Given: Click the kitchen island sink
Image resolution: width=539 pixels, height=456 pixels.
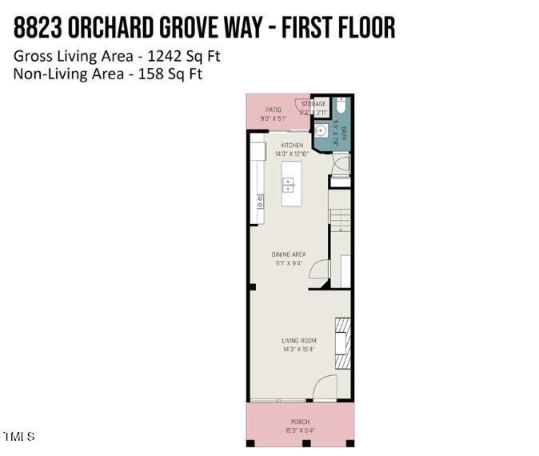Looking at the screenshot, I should [x=289, y=185].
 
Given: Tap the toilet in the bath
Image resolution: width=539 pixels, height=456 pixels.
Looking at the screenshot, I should [x=341, y=106].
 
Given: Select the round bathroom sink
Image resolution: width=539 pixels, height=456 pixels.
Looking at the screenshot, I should [x=321, y=132].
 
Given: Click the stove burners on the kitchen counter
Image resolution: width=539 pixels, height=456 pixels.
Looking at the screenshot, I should [x=260, y=201].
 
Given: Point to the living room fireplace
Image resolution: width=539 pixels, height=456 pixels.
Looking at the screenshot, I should [x=341, y=343].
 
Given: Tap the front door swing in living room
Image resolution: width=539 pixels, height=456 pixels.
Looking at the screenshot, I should [x=325, y=388].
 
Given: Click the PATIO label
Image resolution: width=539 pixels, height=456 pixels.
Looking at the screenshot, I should [x=273, y=110].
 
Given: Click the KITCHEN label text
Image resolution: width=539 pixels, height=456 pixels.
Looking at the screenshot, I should [x=292, y=145].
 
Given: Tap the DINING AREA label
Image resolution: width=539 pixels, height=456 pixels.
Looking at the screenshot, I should [x=289, y=254].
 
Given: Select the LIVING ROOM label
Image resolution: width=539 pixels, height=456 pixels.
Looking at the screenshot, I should [x=298, y=341].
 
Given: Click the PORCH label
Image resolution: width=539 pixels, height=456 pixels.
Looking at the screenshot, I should [x=300, y=422].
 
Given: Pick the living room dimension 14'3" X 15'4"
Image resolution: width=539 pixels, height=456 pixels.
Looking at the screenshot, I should [x=298, y=349].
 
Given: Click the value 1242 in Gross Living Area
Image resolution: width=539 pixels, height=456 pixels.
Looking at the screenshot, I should [x=162, y=57].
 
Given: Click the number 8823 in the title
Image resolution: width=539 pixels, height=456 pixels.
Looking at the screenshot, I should [x=38, y=27].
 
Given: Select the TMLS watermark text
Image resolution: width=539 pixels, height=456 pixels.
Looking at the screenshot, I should [x=19, y=437].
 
